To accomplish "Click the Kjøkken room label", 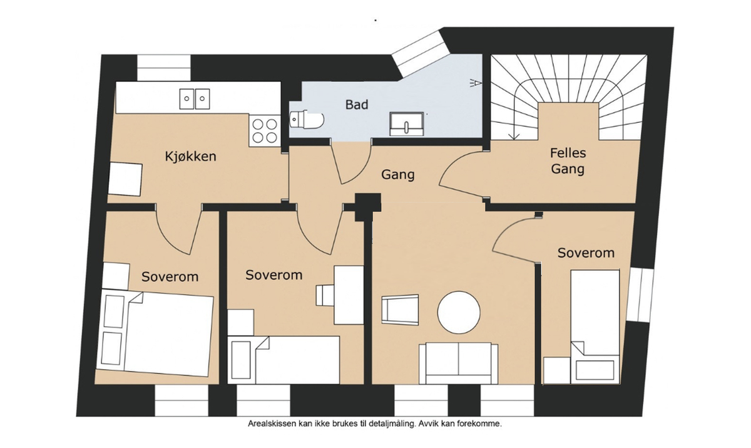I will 191,156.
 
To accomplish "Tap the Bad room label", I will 357,104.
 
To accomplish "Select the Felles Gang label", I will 568,160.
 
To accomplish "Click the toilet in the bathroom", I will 306,119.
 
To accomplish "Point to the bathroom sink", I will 407,123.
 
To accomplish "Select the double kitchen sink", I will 195,97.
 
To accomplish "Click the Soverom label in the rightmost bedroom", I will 586,253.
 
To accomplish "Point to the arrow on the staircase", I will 513,133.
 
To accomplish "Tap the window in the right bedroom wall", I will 640,294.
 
